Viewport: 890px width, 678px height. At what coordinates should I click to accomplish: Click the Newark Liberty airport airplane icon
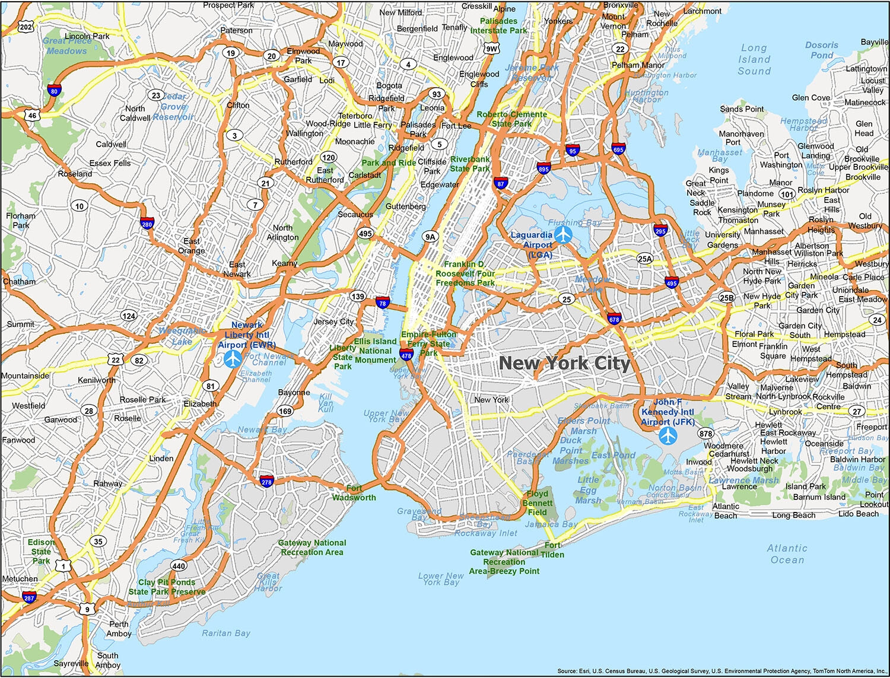pyautogui.click(x=233, y=358)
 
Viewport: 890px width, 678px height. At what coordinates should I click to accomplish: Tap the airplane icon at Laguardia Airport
pyautogui.click(x=563, y=234)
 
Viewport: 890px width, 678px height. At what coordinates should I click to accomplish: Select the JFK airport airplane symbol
pyautogui.click(x=668, y=436)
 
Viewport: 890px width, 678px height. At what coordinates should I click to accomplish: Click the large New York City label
pyautogui.click(x=564, y=363)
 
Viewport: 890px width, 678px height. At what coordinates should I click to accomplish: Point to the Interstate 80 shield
pyautogui.click(x=54, y=91)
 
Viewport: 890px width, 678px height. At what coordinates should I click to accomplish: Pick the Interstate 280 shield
pyautogui.click(x=147, y=224)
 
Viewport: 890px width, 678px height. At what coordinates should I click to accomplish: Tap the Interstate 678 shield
pyautogui.click(x=614, y=319)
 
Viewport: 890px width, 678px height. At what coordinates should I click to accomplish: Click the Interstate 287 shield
pyautogui.click(x=29, y=597)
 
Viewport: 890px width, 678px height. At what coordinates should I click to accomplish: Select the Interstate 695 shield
pyautogui.click(x=618, y=149)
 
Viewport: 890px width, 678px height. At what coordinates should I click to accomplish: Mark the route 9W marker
pyautogui.click(x=491, y=49)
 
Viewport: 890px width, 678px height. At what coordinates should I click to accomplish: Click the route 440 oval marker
pyautogui.click(x=179, y=566)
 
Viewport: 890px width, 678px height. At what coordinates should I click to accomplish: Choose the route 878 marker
pyautogui.click(x=705, y=434)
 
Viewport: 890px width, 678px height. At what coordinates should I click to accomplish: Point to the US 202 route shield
pyautogui.click(x=26, y=27)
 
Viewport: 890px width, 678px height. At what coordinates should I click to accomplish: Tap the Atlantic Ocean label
pyautogui.click(x=787, y=554)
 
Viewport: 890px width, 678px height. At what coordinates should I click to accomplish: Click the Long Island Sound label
pyautogui.click(x=754, y=59)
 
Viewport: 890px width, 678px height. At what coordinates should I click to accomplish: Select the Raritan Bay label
pyautogui.click(x=226, y=633)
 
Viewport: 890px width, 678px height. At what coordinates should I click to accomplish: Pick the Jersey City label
pyautogui.click(x=333, y=322)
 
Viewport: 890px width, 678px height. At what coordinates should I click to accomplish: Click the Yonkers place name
pyautogui.click(x=558, y=21)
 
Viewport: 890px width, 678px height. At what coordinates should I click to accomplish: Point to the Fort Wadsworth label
pyautogui.click(x=354, y=493)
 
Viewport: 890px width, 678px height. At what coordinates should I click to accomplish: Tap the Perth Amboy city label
pyautogui.click(x=119, y=629)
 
